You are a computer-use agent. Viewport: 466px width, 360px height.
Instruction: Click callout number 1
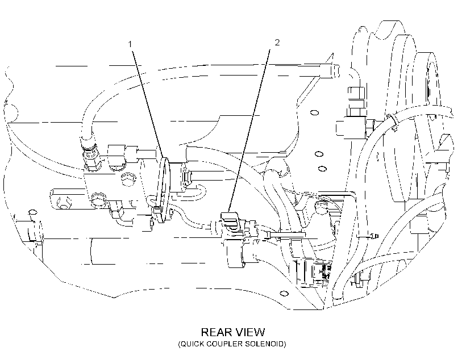pyautogui.click(x=130, y=44)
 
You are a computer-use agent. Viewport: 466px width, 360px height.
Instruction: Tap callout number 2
pyautogui.click(x=277, y=43)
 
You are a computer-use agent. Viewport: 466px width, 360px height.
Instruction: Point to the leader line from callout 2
pyautogui.click(x=249, y=130)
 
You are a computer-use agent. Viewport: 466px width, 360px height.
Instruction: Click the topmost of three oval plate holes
pyautogui.click(x=314, y=112)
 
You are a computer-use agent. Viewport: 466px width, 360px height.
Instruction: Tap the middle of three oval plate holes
pyautogui.click(x=319, y=154)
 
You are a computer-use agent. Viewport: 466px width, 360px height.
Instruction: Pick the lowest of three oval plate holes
pyautogui.click(x=322, y=169)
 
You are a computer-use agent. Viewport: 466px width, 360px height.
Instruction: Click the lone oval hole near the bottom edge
pyautogui.click(x=284, y=294)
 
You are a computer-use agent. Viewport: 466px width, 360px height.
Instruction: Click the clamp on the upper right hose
pyautogui.click(x=393, y=122)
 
